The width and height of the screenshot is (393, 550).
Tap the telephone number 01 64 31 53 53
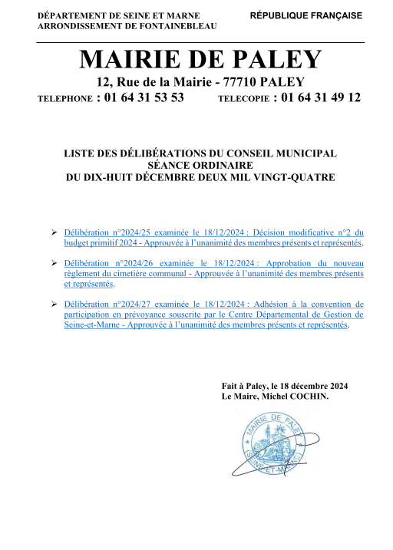[144, 97]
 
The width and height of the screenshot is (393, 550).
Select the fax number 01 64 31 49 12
[321, 97]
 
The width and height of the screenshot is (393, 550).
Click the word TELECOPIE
[242, 99]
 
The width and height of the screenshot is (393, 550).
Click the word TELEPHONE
[64, 99]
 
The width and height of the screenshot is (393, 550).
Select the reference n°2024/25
[134, 231]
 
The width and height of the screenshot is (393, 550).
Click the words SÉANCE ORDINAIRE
[199, 165]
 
